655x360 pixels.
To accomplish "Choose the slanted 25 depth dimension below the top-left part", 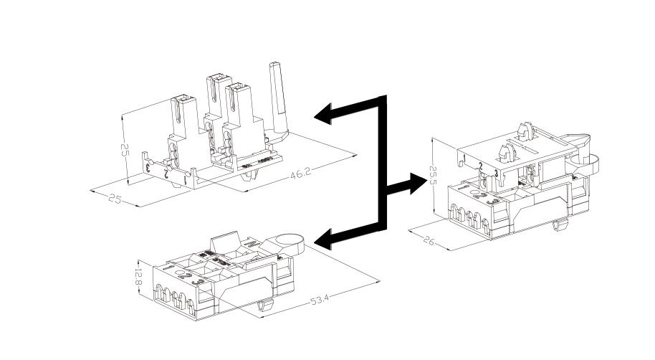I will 115,198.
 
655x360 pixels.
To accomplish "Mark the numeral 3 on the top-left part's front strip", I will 148,168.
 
